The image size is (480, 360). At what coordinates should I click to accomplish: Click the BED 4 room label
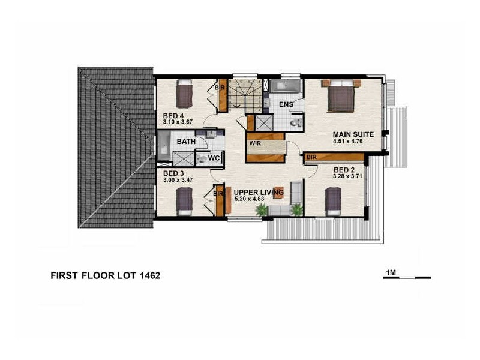(173, 116)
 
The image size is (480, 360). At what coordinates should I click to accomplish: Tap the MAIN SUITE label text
(354, 135)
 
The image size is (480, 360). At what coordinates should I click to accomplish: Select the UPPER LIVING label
(254, 192)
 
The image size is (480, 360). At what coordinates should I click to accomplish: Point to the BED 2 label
(344, 170)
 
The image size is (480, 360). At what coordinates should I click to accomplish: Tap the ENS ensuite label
(286, 105)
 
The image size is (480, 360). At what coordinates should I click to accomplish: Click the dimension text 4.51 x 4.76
(353, 142)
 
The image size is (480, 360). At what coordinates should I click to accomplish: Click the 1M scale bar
(407, 277)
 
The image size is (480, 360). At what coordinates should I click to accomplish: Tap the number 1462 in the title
(147, 277)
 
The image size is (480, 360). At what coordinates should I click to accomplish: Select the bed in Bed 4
(184, 94)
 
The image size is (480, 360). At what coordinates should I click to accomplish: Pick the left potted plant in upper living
(261, 210)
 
